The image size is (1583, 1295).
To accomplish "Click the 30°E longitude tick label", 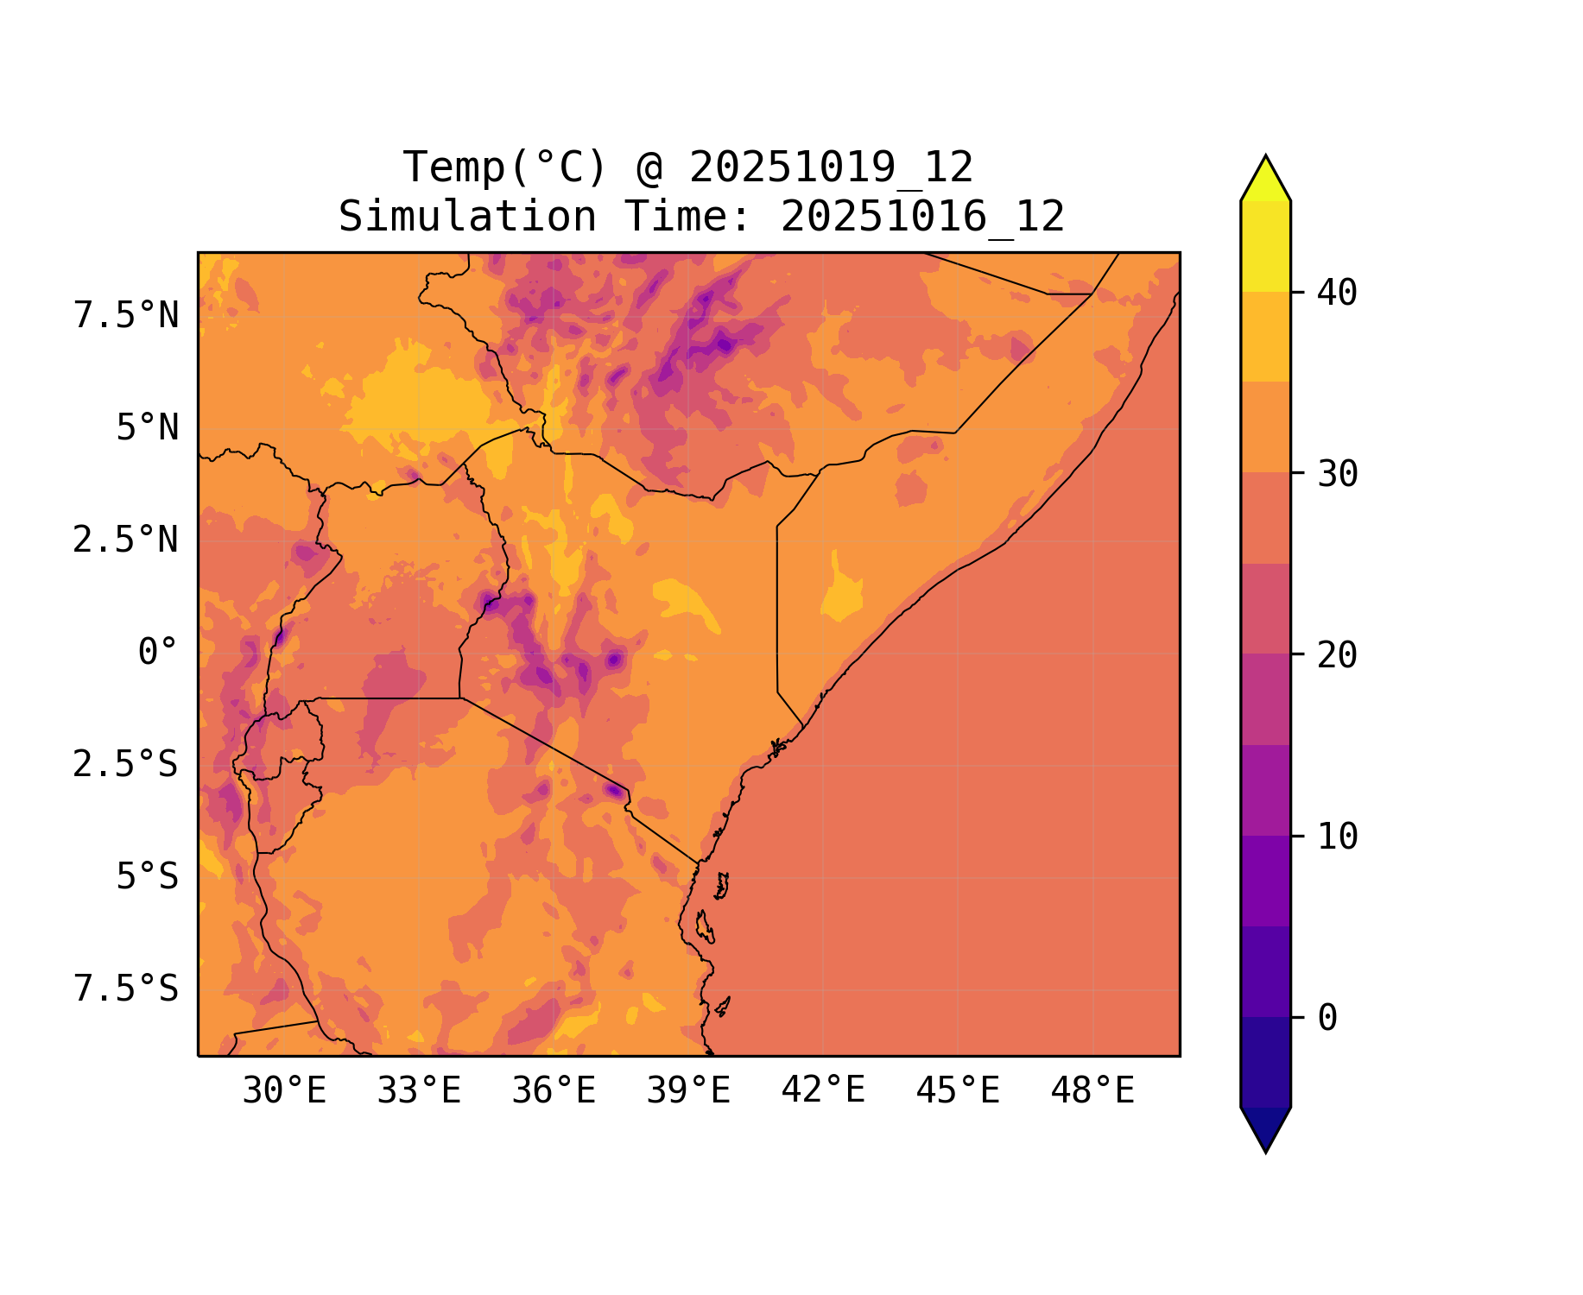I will [284, 1091].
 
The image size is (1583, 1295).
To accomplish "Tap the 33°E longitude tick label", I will [419, 1091].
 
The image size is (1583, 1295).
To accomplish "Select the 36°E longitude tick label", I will [554, 1091].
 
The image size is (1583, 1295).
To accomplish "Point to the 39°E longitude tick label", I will [688, 1091].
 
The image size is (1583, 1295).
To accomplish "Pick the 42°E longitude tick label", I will [823, 1090].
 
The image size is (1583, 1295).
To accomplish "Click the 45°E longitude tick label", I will [958, 1091].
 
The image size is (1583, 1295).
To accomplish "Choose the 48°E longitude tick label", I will [1092, 1091].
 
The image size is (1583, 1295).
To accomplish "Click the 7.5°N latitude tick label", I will [126, 316].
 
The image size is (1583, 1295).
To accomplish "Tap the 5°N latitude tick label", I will [148, 428].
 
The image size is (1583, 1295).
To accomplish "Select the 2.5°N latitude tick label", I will [126, 540].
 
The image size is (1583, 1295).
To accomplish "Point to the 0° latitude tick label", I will [158, 653].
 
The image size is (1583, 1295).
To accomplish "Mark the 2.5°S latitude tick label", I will [126, 765].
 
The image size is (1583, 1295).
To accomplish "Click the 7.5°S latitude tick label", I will [126, 989].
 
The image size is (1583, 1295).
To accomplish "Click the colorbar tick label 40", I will [1337, 294].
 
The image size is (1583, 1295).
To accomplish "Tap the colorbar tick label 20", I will [1337, 655].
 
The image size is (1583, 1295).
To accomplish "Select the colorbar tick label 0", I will [1327, 1019].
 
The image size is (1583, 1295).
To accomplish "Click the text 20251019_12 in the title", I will [831, 167].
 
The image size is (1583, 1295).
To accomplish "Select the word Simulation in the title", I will [467, 217].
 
